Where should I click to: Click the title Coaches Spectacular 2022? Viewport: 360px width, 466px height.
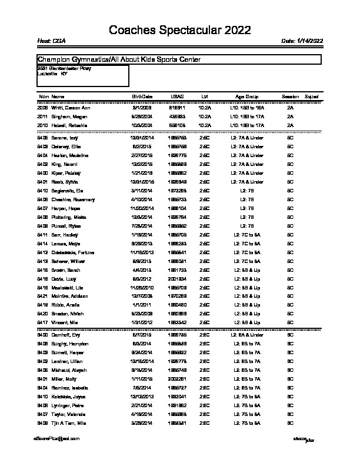[x=179, y=31]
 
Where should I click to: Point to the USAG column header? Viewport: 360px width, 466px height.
[x=177, y=96]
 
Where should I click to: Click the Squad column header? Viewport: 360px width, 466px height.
[x=312, y=96]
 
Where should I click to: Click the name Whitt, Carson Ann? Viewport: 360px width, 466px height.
[x=71, y=108]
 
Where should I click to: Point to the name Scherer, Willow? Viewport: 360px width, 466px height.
[x=69, y=261]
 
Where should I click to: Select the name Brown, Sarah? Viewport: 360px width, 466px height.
[x=65, y=269]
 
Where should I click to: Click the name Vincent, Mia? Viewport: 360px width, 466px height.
[x=65, y=322]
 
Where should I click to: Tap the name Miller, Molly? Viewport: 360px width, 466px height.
[x=64, y=380]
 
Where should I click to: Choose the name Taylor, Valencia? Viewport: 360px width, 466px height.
[x=69, y=414]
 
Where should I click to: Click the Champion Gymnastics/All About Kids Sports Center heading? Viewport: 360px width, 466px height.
[x=119, y=59]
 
